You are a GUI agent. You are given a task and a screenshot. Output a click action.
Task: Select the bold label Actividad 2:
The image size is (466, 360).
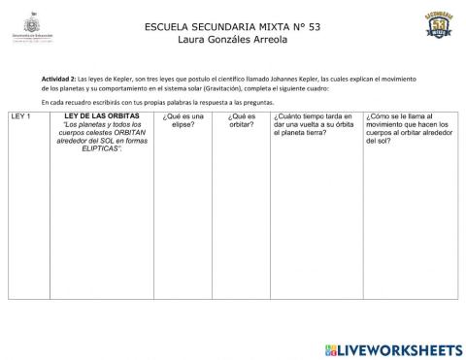pyautogui.click(x=62, y=77)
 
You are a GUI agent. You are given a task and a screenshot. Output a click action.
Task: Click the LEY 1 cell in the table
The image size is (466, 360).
pyautogui.click(x=21, y=116)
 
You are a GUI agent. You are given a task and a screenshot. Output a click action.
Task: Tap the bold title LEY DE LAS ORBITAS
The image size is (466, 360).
pyautogui.click(x=101, y=116)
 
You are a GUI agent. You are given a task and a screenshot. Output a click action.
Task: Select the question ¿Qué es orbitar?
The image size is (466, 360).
pyautogui.click(x=241, y=120)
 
